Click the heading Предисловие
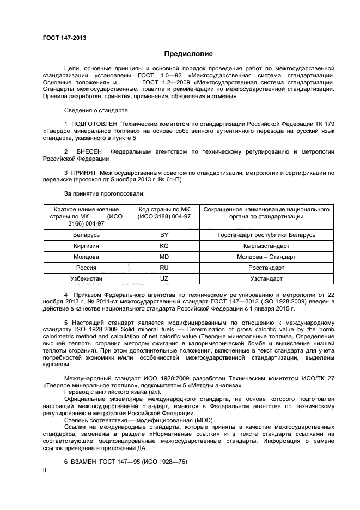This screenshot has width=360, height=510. coord(188,54)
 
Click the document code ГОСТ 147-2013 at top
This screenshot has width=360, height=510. coord(64,38)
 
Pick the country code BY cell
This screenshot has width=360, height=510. coord(164,235)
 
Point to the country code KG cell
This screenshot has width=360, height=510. coord(164,246)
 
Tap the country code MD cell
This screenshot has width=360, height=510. coord(164,257)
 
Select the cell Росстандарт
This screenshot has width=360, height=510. coord(266,268)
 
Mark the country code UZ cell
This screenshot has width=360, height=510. coord(164,278)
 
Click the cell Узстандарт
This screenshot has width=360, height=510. coord(266,278)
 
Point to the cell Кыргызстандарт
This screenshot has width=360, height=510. coord(266,246)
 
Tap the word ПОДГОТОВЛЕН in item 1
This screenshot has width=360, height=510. coord(95,124)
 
